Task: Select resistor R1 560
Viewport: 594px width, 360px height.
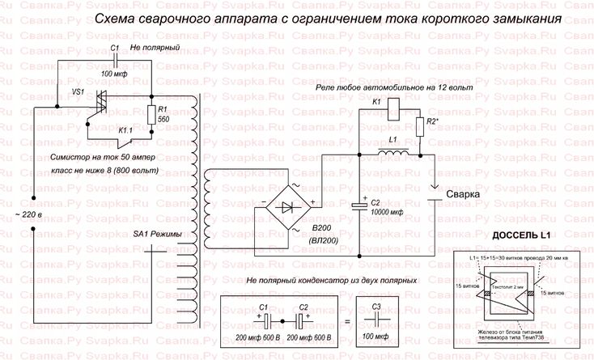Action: click(x=151, y=114)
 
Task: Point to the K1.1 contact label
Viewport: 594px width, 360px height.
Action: click(x=127, y=129)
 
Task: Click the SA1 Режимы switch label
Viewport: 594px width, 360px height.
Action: click(x=163, y=235)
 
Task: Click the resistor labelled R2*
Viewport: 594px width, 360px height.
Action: click(x=419, y=126)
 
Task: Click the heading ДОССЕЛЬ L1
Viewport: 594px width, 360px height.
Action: click(x=520, y=235)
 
